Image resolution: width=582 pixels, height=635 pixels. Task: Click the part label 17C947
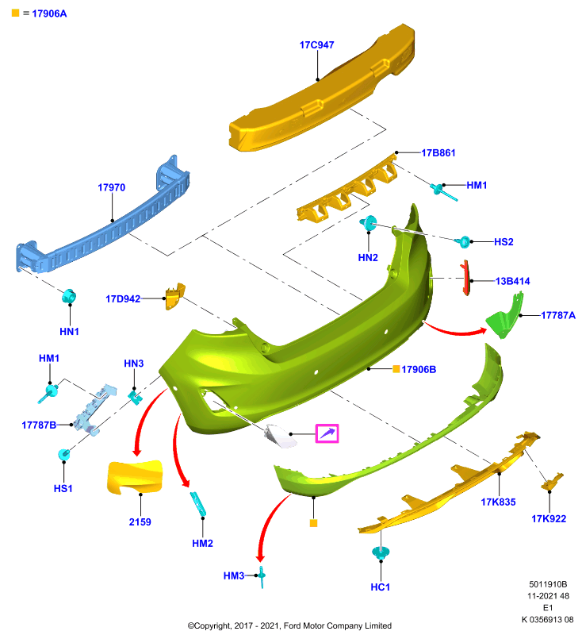point(316,45)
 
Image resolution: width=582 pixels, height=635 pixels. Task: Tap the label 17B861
point(438,152)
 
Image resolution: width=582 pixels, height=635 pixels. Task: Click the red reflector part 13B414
point(465,278)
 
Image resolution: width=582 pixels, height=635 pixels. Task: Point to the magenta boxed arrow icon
point(327,433)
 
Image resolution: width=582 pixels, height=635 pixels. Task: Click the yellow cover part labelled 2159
point(135,477)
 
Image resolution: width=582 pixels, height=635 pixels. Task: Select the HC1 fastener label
point(380,587)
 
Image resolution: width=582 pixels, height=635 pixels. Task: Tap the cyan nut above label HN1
point(69,296)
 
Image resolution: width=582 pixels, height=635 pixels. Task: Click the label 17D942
point(123,299)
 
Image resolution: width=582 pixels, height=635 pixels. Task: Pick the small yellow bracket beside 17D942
point(174,296)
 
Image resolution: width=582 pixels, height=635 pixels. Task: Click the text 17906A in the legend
point(49,13)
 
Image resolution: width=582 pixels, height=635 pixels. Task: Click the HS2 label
point(504,242)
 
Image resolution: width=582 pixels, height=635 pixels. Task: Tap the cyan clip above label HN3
point(135,396)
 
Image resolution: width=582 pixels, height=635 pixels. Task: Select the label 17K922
point(549,519)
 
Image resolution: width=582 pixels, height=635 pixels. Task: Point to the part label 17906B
point(419,369)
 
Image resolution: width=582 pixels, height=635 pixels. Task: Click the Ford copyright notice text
point(289,625)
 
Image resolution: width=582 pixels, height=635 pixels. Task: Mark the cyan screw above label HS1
point(64,454)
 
